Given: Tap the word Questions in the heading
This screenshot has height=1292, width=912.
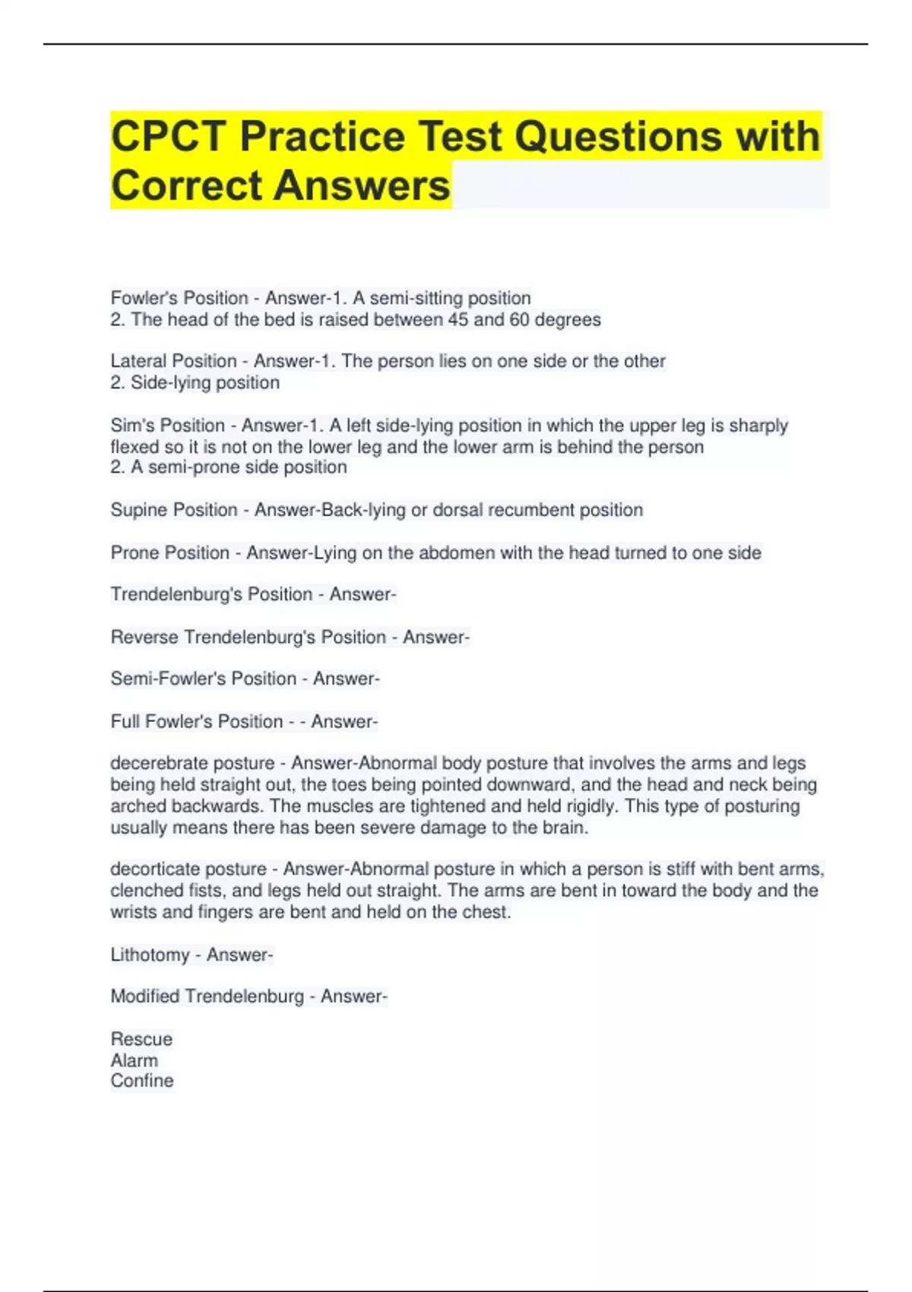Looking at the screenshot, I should coord(618,138).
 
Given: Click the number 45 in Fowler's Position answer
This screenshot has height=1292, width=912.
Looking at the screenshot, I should coord(458,320).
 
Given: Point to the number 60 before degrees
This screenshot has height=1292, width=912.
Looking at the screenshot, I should coord(519,320).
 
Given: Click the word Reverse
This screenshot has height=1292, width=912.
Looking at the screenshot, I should coord(144,637).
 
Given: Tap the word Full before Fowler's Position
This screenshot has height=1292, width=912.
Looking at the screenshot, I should coord(125,721).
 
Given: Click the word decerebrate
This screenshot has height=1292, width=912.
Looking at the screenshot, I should coord(155,763).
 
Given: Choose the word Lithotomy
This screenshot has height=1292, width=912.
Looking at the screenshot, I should coord(150,955).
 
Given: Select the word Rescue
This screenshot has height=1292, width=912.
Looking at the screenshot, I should coord(141,1039).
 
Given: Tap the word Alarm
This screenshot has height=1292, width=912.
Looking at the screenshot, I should coord(135,1060).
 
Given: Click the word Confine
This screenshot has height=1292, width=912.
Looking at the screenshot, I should coord(142,1081).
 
